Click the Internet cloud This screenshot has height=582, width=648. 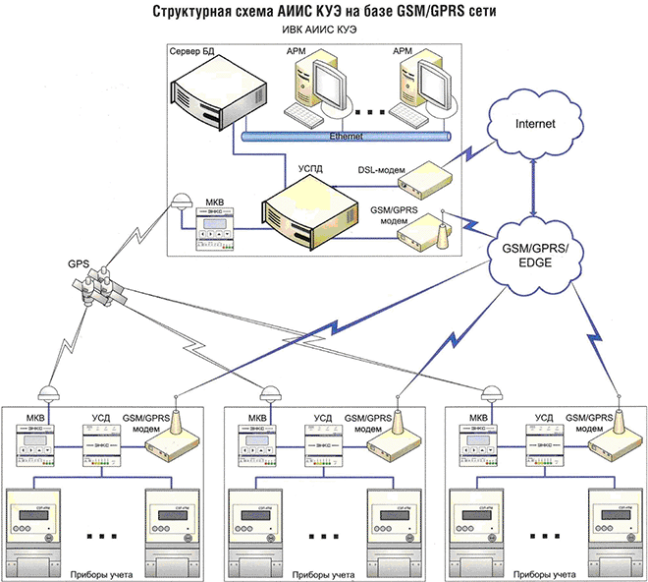[536, 126]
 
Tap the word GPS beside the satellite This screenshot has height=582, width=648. [79, 265]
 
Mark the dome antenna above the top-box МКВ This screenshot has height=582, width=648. [181, 200]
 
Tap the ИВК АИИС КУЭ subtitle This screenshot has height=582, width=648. [324, 30]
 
